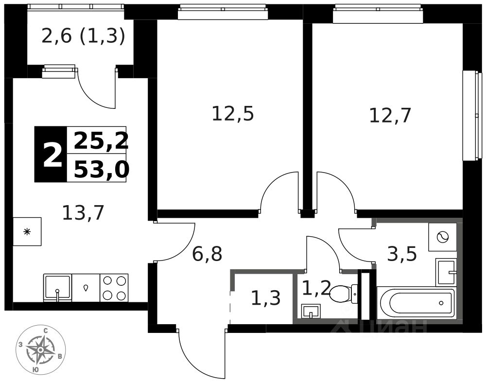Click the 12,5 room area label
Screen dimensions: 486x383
[x=233, y=114]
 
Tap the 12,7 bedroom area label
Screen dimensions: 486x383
[x=390, y=116]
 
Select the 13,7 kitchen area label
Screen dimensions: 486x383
[x=83, y=213]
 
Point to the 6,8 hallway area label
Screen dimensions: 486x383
[x=207, y=254]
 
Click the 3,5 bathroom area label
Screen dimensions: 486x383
[x=402, y=254]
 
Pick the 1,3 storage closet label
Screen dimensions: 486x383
[x=265, y=298]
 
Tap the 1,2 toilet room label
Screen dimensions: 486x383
[x=313, y=288]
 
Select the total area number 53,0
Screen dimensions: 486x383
[x=101, y=170]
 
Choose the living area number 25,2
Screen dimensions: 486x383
[x=101, y=141]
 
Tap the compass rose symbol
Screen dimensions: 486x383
[x=40, y=349]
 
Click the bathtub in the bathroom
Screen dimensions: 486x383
[x=417, y=303]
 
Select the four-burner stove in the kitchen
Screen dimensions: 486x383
[x=114, y=288]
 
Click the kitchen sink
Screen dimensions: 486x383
[x=57, y=287]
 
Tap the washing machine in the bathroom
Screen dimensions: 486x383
[x=442, y=237]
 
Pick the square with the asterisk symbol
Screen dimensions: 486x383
[x=27, y=232]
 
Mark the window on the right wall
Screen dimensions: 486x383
[x=469, y=115]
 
